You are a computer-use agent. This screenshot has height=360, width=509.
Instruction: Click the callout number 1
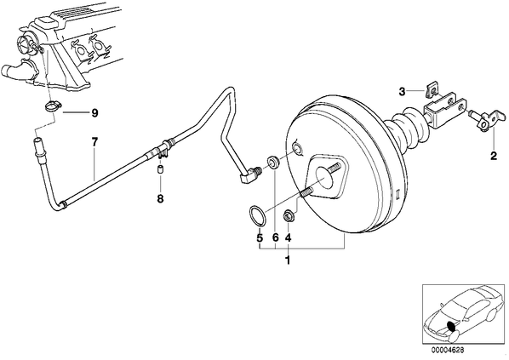click(x=288, y=260)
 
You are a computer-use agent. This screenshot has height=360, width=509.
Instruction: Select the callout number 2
click(x=494, y=156)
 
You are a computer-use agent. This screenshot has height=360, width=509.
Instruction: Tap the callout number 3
click(x=403, y=92)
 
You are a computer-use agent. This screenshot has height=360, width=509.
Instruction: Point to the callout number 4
click(x=288, y=238)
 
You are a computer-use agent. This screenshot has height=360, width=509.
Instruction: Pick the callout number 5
click(x=260, y=238)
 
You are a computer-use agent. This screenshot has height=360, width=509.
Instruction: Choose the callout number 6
click(x=275, y=238)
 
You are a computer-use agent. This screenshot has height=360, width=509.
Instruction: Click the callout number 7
click(x=94, y=142)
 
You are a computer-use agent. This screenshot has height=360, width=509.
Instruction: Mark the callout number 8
click(x=160, y=198)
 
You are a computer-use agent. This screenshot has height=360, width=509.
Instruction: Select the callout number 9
click(x=94, y=113)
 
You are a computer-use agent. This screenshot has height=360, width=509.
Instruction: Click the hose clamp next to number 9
click(x=53, y=106)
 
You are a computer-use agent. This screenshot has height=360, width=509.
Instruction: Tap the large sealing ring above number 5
click(x=257, y=215)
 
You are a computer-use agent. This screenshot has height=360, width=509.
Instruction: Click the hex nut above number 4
click(x=288, y=216)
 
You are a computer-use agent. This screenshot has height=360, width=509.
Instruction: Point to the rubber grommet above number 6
click(x=273, y=162)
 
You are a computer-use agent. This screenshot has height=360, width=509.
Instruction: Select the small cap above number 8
click(x=160, y=169)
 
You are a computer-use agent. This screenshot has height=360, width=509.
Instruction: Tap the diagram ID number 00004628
click(x=448, y=350)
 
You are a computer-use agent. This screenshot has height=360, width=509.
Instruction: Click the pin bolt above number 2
click(x=487, y=119)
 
